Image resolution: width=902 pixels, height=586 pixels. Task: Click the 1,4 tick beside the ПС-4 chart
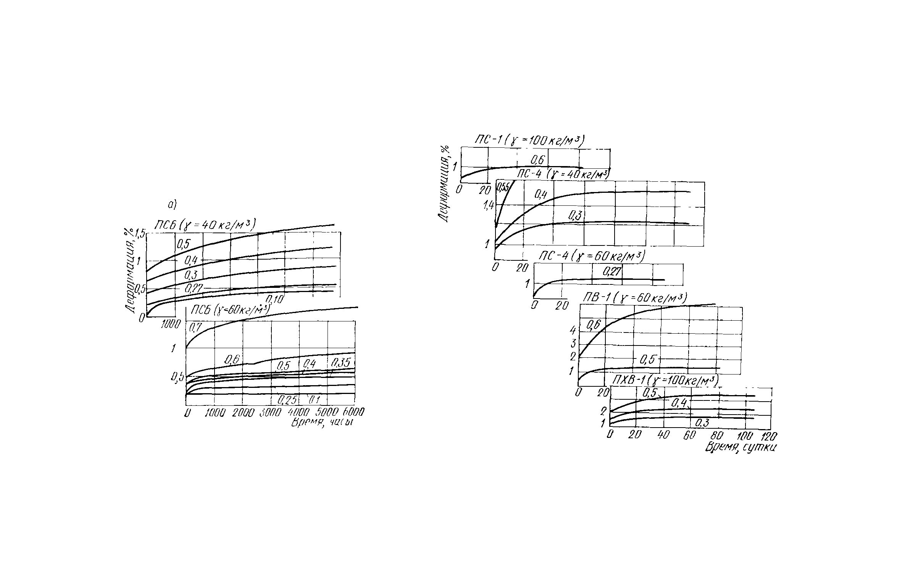(488, 207)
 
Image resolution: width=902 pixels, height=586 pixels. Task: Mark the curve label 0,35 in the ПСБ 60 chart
(340, 362)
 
